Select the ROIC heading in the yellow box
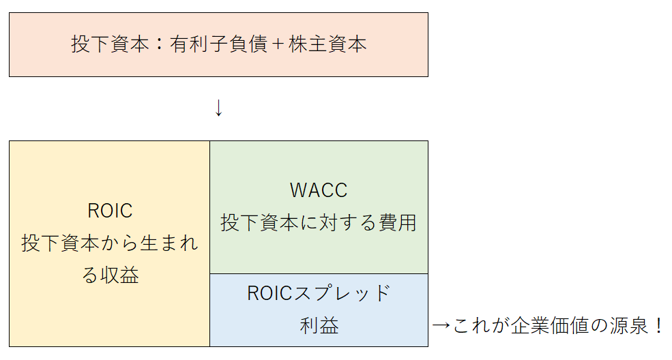pos(110,211)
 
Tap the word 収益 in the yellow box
pos(120,276)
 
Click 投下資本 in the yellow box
pos(60,243)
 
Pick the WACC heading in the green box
pos(319,190)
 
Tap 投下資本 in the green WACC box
pos(260,223)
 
